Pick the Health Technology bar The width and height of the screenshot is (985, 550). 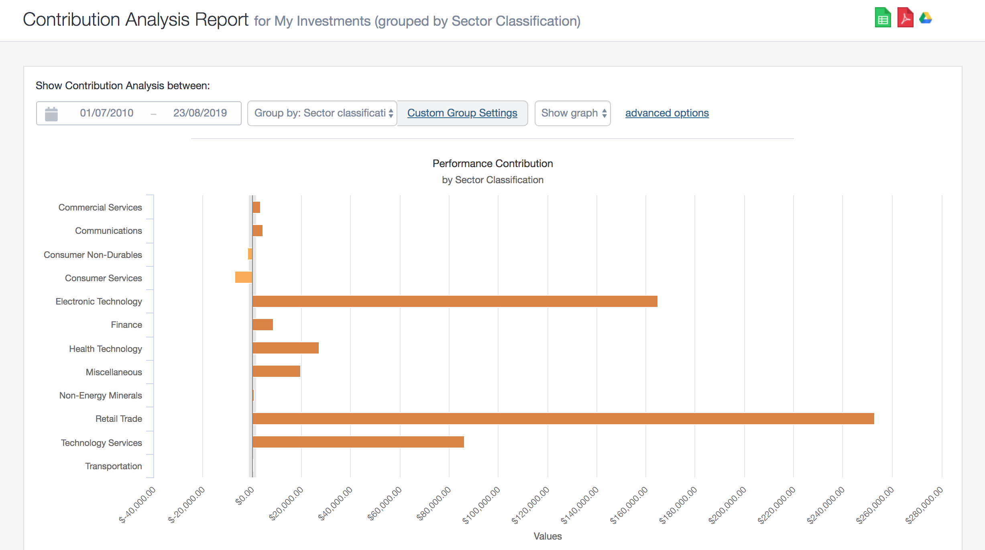click(x=285, y=348)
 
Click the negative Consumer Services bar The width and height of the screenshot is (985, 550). click(x=244, y=277)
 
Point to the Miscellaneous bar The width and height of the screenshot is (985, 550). click(x=276, y=371)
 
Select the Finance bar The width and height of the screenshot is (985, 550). click(x=263, y=325)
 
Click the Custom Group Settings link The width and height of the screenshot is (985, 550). click(x=462, y=113)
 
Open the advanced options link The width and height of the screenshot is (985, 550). click(x=667, y=113)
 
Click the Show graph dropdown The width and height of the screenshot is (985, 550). click(x=572, y=113)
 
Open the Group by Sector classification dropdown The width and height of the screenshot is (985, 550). click(x=322, y=113)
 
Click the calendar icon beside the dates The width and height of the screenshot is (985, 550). click(x=51, y=114)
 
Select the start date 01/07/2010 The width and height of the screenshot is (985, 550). click(x=106, y=113)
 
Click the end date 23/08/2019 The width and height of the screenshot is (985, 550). click(x=200, y=113)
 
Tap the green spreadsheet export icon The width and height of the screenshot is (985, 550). click(x=883, y=18)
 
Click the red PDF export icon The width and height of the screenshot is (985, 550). click(x=905, y=18)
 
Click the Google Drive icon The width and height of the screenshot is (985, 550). click(x=926, y=18)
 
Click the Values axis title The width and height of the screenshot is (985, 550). click(x=547, y=536)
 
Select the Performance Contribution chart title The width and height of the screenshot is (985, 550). click(x=492, y=164)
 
